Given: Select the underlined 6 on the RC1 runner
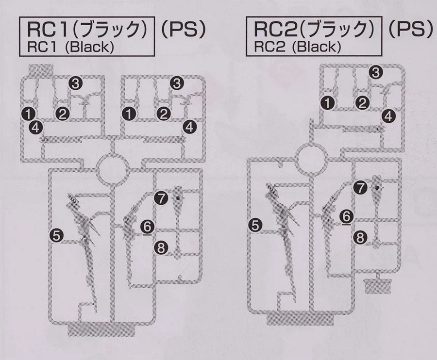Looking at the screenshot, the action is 148,227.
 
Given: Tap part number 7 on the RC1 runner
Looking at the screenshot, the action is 161,198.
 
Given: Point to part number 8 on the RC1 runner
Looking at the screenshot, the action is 161,247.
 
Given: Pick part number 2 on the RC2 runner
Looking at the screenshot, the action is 362,103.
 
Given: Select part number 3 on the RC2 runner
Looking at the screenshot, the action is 376,73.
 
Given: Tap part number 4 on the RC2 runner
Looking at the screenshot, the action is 388,116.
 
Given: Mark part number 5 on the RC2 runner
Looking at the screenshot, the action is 255,225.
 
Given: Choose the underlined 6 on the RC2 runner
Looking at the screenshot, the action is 347,216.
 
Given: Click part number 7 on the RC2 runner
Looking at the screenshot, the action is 361,188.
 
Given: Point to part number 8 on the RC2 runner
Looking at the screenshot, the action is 360,238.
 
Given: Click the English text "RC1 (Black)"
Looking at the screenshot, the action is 70,48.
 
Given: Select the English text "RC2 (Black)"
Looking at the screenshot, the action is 297,48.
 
